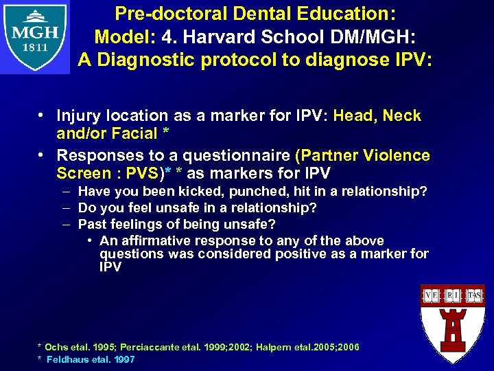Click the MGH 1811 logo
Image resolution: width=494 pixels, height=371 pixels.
click(35, 38)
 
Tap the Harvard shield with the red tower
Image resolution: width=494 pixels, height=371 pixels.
click(451, 323)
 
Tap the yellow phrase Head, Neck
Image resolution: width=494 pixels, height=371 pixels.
click(377, 115)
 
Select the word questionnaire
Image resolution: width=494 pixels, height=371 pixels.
click(230, 155)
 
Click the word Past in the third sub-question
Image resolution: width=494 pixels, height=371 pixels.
click(92, 223)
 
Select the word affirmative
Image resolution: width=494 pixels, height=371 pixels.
click(157, 240)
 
